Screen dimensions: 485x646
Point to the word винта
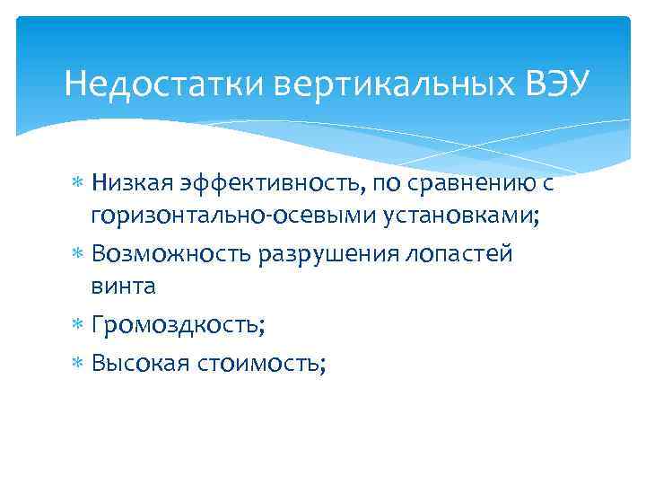[123, 287]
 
